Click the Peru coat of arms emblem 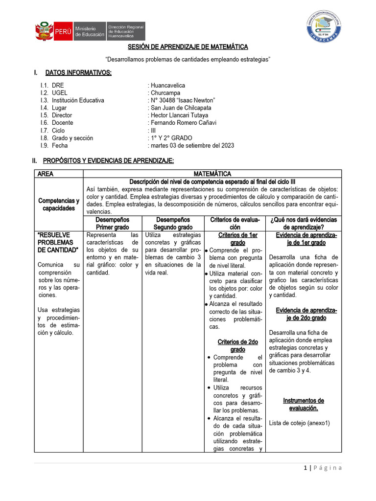[43, 31]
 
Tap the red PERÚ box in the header [63, 31]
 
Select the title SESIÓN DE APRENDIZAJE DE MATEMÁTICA [188, 47]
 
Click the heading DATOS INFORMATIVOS [78, 73]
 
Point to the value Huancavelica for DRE [168, 85]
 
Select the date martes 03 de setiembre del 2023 [192, 145]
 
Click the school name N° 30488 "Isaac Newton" [183, 100]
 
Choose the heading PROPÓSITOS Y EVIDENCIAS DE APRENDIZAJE [108, 160]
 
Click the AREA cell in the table [46, 173]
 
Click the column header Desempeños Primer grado [113, 224]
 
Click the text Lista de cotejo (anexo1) [299, 423]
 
